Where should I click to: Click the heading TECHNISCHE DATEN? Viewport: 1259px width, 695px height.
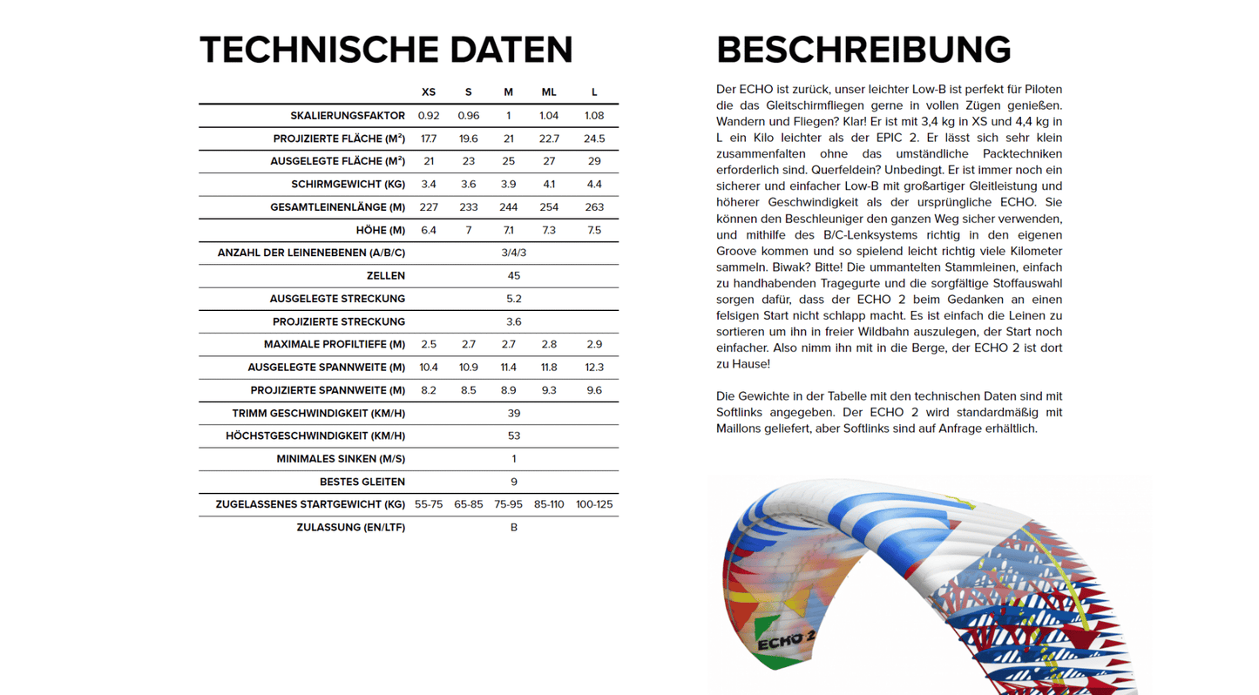click(386, 51)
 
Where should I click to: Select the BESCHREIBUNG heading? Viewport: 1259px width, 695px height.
click(863, 51)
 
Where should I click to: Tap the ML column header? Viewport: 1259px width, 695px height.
click(549, 92)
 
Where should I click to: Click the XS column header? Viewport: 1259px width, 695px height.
click(429, 92)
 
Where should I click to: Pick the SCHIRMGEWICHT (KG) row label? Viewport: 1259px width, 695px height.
click(348, 185)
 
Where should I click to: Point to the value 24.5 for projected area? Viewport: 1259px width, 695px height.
click(594, 138)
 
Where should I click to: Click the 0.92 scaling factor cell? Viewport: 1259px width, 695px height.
click(429, 116)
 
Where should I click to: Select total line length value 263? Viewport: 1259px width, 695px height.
click(594, 207)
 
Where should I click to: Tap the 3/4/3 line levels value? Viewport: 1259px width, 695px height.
click(514, 253)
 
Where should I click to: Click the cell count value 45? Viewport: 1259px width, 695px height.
click(514, 276)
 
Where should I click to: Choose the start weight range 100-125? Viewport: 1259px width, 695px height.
click(594, 505)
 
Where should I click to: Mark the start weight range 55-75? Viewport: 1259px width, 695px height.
click(429, 505)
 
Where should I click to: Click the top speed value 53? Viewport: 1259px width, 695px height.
click(514, 436)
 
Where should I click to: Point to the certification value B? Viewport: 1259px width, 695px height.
click(514, 528)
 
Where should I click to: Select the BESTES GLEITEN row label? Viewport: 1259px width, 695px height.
click(362, 482)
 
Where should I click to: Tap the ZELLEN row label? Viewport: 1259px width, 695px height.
click(385, 276)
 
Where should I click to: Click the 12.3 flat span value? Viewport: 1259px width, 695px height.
click(594, 368)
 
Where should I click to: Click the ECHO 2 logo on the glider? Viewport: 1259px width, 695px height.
click(785, 642)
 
